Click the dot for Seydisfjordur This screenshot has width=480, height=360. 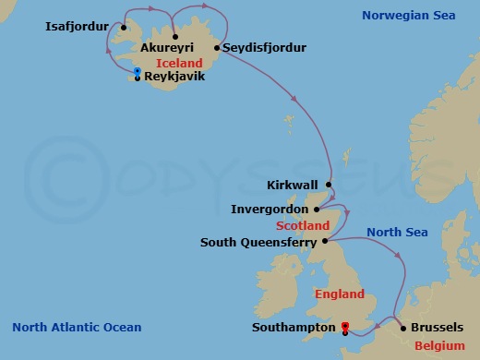tap(215, 46)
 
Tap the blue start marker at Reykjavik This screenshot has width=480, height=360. tap(137, 71)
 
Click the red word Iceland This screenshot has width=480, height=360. tap(186, 62)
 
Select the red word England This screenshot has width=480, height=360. tap(341, 294)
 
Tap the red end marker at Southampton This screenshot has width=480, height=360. tap(344, 326)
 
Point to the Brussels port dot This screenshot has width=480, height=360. tap(403, 327)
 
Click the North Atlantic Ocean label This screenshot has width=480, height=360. tap(77, 327)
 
